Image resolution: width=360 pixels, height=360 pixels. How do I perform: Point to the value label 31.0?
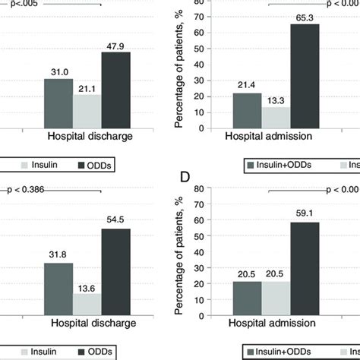(59, 71)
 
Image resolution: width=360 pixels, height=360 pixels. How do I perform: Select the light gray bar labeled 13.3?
(276, 118)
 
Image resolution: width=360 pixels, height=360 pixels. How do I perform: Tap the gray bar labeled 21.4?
(248, 110)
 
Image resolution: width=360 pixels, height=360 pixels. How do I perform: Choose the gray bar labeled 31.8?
(59, 289)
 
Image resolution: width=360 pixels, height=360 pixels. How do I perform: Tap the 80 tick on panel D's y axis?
(199, 188)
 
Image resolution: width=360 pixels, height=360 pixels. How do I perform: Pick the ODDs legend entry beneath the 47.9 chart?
(98, 164)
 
